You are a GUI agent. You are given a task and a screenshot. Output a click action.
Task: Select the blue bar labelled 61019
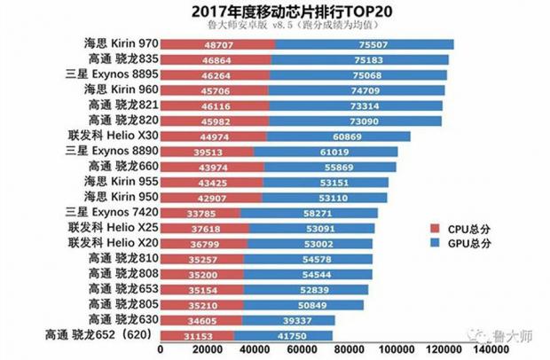pos(324,153)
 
